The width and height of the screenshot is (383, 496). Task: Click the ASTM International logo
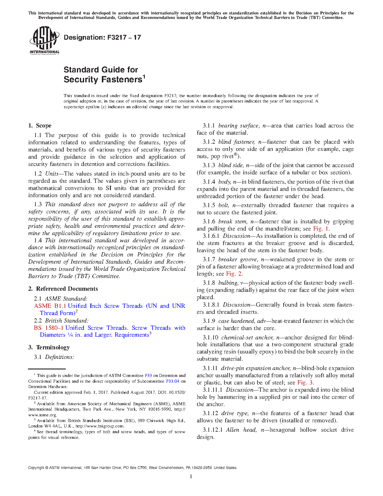tap(44, 40)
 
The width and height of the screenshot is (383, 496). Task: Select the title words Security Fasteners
tap(102, 80)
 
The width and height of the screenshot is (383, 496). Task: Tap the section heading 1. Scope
tap(40, 126)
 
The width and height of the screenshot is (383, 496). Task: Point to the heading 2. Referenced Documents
tap(63, 289)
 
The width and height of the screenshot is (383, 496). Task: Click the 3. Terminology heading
tap(49, 348)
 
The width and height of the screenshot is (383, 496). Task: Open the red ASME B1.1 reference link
tap(50, 306)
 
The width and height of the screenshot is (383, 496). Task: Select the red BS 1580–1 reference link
tap(48, 328)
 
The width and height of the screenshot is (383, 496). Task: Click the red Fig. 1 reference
tap(321, 229)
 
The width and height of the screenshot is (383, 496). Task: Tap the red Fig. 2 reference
tap(233, 274)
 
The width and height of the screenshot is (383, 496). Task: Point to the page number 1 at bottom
tap(191, 476)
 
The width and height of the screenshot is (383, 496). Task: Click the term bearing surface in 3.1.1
tap(238, 126)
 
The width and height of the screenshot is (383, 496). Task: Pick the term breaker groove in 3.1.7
tap(238, 259)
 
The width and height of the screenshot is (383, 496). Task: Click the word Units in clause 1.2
tap(52, 174)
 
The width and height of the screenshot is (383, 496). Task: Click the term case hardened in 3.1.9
tap(236, 321)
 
